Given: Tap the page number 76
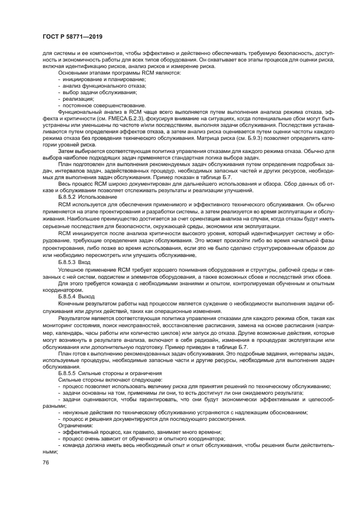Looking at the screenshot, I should point(45,462).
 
